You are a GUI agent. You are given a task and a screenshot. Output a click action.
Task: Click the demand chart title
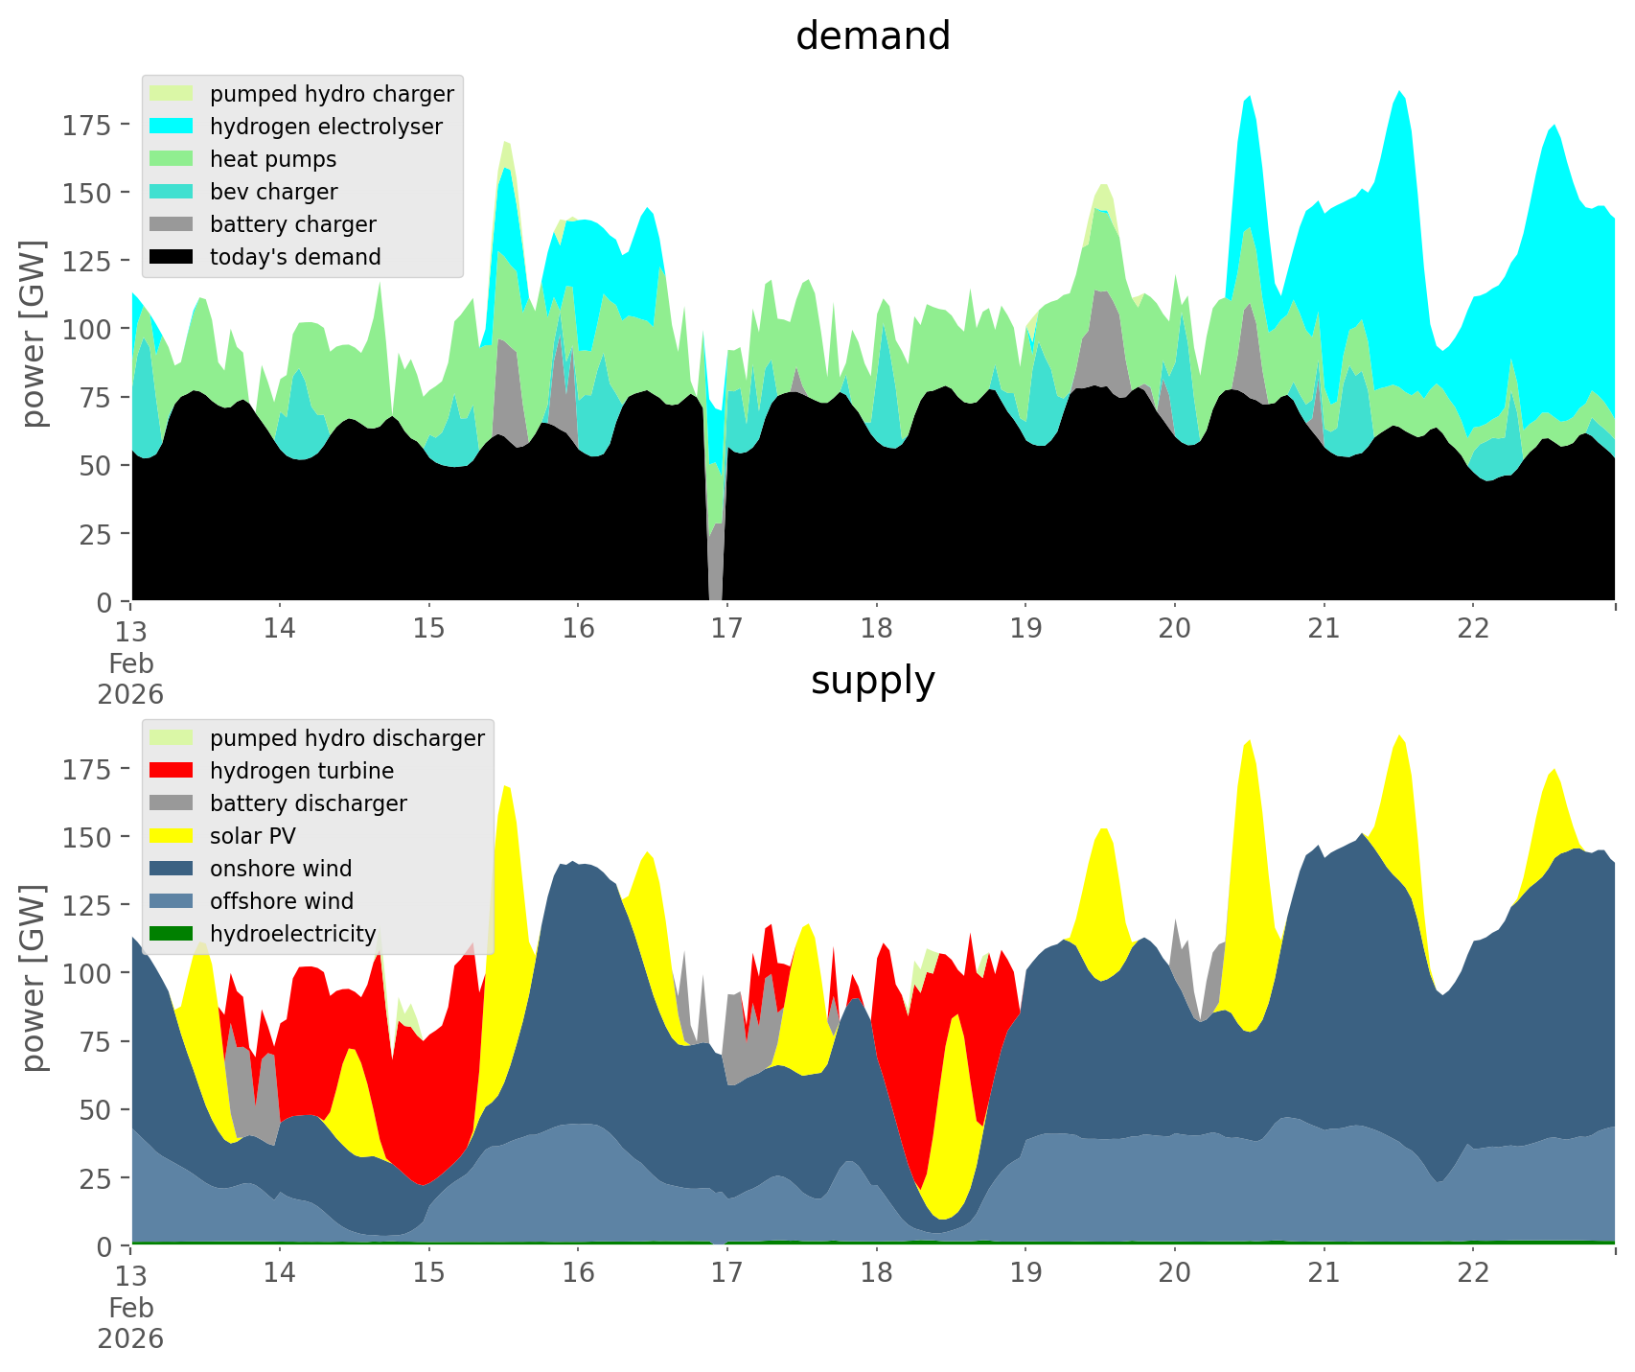coord(872,36)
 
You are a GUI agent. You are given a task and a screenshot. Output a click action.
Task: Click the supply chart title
coord(872,681)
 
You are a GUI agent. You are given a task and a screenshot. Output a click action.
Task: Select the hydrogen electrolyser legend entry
coord(326,127)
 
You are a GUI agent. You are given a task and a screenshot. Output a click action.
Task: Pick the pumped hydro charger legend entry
coord(332,94)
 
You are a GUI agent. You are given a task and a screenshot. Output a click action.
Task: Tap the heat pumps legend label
coord(273,159)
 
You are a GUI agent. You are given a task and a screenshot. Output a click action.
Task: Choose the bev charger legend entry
coord(273,192)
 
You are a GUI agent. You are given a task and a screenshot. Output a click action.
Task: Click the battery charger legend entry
coord(292,224)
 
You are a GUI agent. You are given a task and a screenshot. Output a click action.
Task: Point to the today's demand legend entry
coord(295,257)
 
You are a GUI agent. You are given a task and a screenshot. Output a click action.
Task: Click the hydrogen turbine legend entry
coord(301,771)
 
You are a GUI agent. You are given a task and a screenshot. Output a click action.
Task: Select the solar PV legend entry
coord(252,836)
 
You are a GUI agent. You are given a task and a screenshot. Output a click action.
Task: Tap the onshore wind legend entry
coord(281,869)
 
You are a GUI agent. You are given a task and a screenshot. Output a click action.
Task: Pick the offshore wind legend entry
coord(282,901)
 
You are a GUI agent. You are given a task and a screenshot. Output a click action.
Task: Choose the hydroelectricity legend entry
coord(292,934)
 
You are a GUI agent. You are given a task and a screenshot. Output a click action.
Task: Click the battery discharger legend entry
coord(308,803)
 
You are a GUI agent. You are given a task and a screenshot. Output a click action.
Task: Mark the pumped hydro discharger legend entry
coord(347,738)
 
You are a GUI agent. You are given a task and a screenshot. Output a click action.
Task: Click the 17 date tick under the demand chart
coord(726,628)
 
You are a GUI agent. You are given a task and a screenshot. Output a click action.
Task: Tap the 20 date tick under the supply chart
coord(1174,1272)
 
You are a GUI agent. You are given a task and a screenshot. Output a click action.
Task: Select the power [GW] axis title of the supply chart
coord(34,978)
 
